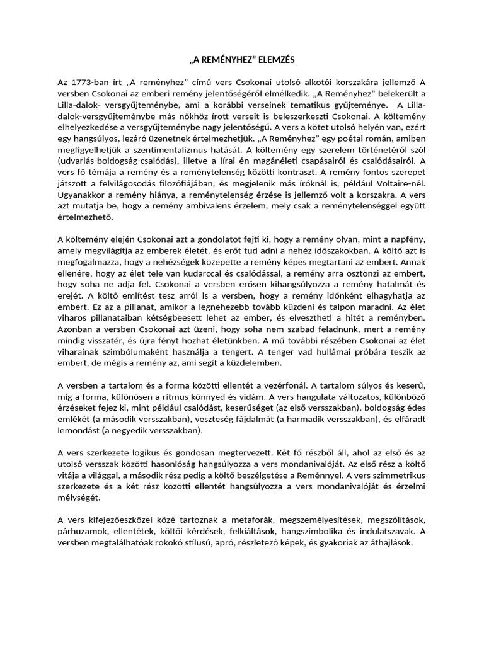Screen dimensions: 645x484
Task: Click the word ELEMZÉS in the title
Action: click(x=274, y=60)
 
